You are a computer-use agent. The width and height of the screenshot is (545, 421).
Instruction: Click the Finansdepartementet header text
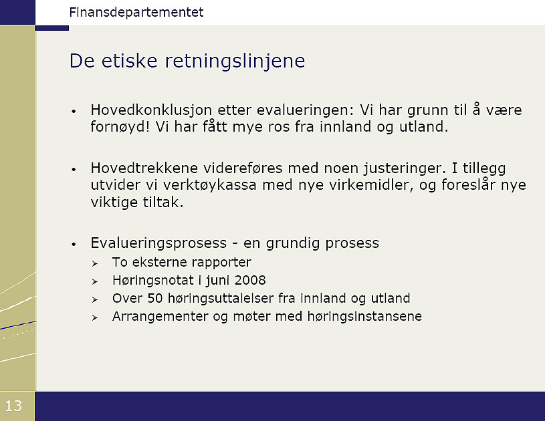pyautogui.click(x=136, y=13)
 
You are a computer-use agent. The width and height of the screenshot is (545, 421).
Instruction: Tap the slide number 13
pyautogui.click(x=13, y=406)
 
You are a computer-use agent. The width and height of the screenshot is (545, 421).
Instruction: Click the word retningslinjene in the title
pyautogui.click(x=235, y=61)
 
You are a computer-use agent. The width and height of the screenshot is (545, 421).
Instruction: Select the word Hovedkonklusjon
pyautogui.click(x=151, y=110)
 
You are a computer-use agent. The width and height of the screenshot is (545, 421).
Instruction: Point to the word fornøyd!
pyautogui.click(x=120, y=127)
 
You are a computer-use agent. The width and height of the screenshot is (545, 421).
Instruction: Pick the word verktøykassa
pyautogui.click(x=210, y=185)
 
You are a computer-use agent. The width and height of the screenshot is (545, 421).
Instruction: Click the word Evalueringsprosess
pyautogui.click(x=158, y=243)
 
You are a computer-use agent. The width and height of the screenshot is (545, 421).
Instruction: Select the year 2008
pyautogui.click(x=250, y=280)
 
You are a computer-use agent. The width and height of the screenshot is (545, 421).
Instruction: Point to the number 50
pyautogui.click(x=155, y=299)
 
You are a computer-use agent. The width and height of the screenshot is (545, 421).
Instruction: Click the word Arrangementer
pyautogui.click(x=160, y=317)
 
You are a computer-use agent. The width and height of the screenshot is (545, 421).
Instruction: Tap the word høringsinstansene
pyautogui.click(x=364, y=317)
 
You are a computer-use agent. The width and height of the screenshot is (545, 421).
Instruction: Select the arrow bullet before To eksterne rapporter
pyautogui.click(x=95, y=264)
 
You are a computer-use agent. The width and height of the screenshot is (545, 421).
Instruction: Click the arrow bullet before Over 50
pyautogui.click(x=95, y=300)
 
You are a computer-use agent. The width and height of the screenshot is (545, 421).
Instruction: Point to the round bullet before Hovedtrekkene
pyautogui.click(x=74, y=170)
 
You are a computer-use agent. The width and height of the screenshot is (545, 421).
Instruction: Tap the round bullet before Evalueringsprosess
pyautogui.click(x=74, y=245)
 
